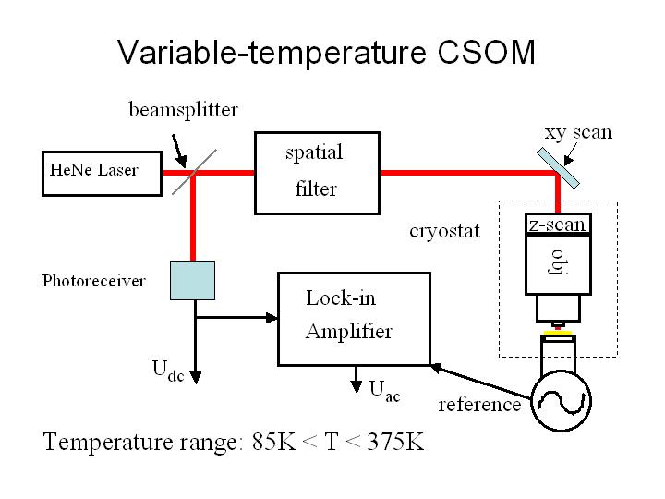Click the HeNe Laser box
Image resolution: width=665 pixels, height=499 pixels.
(103, 172)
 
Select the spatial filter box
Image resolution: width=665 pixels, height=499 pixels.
(316, 172)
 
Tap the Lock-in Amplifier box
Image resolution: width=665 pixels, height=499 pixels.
(354, 318)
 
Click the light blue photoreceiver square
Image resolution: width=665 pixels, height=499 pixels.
(192, 280)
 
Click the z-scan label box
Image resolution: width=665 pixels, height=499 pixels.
(557, 224)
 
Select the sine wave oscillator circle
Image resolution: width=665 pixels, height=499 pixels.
(560, 400)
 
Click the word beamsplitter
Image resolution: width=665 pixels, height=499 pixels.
(183, 110)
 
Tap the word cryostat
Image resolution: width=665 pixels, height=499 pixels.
(444, 231)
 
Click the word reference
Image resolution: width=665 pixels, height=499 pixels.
(479, 405)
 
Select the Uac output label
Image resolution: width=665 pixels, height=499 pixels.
(385, 390)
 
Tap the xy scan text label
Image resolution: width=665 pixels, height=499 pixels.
(577, 131)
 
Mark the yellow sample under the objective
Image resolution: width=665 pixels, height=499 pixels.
(557, 330)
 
